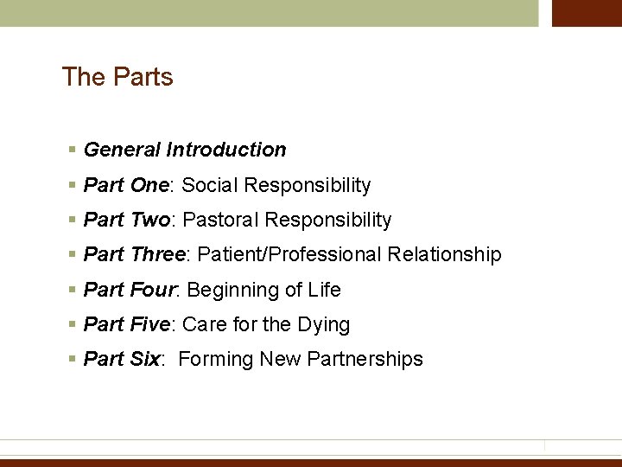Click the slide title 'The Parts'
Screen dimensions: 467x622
point(117,77)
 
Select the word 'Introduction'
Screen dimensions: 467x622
point(225,150)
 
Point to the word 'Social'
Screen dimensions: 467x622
point(211,185)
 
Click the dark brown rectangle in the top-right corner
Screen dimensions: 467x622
point(587,13)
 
